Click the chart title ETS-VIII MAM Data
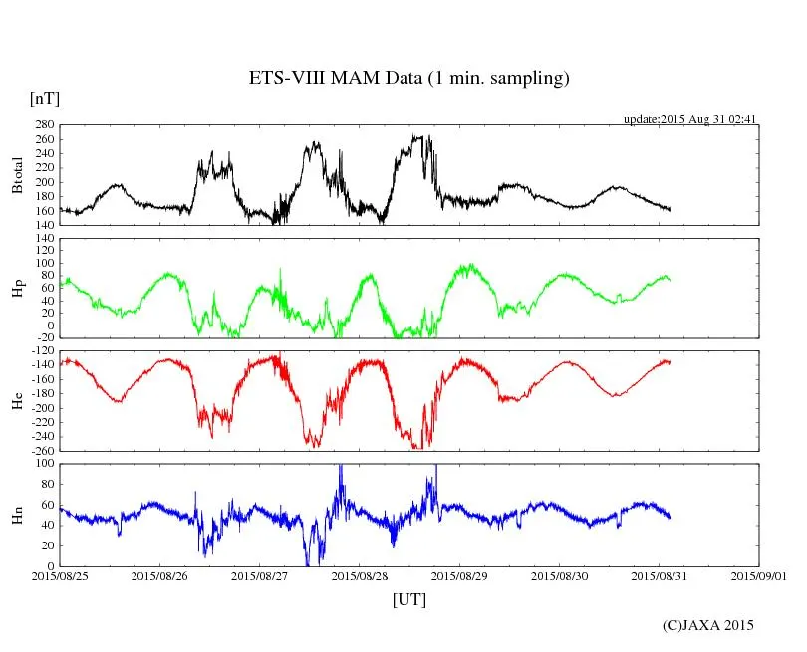[x=408, y=79]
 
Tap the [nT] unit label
[x=44, y=99]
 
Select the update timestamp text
[x=690, y=119]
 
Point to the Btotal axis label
[x=17, y=175]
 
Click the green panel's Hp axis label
[x=17, y=289]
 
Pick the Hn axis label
[x=17, y=515]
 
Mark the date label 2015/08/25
[x=60, y=576]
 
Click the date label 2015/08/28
[x=360, y=576]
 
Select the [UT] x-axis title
[x=408, y=599]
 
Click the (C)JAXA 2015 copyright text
[x=708, y=625]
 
